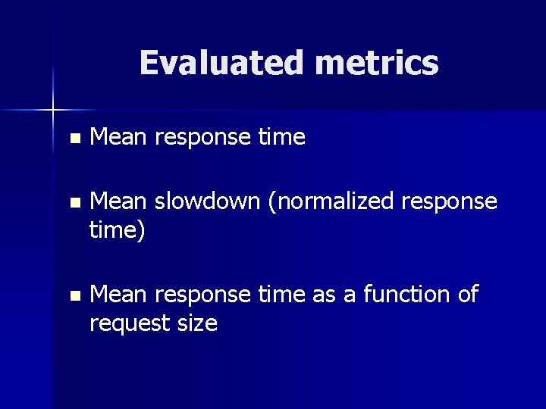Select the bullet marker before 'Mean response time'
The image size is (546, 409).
[73, 139]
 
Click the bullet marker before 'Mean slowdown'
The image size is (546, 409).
[73, 204]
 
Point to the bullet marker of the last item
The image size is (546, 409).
[73, 296]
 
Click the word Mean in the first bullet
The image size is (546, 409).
[119, 137]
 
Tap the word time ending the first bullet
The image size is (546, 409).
[281, 137]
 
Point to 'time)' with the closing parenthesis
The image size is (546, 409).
[117, 229]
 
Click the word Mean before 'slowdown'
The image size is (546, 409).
[119, 201]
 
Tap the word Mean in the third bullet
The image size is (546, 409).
[119, 294]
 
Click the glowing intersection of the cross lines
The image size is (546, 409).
[53, 111]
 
